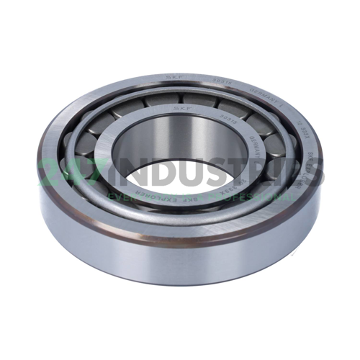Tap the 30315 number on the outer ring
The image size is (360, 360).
[x=220, y=80]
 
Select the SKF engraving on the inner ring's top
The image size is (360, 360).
[x=178, y=107]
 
